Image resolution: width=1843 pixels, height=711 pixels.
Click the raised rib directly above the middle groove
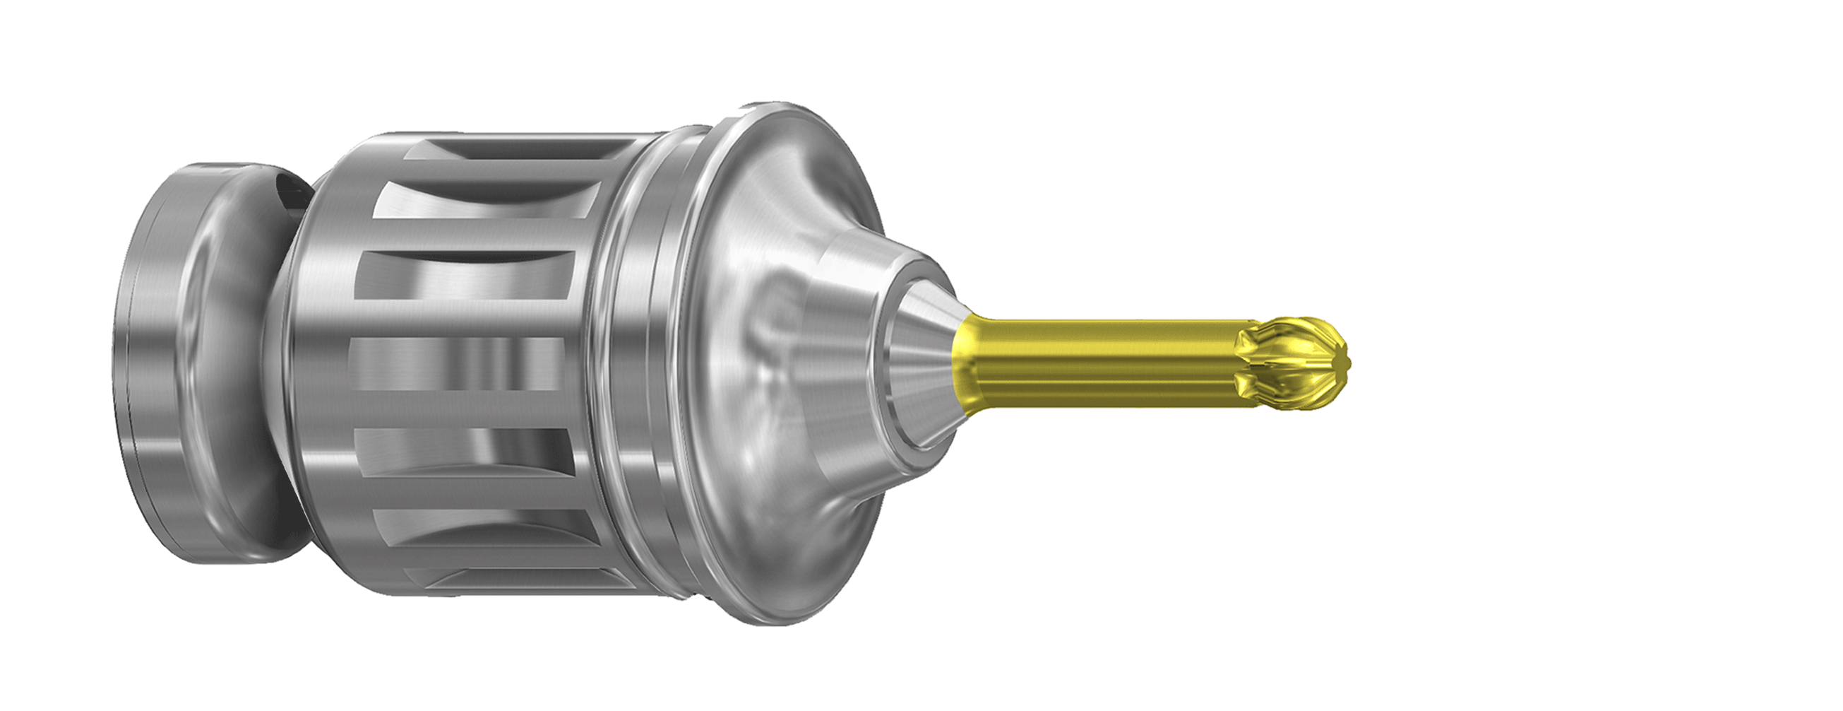(465, 322)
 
